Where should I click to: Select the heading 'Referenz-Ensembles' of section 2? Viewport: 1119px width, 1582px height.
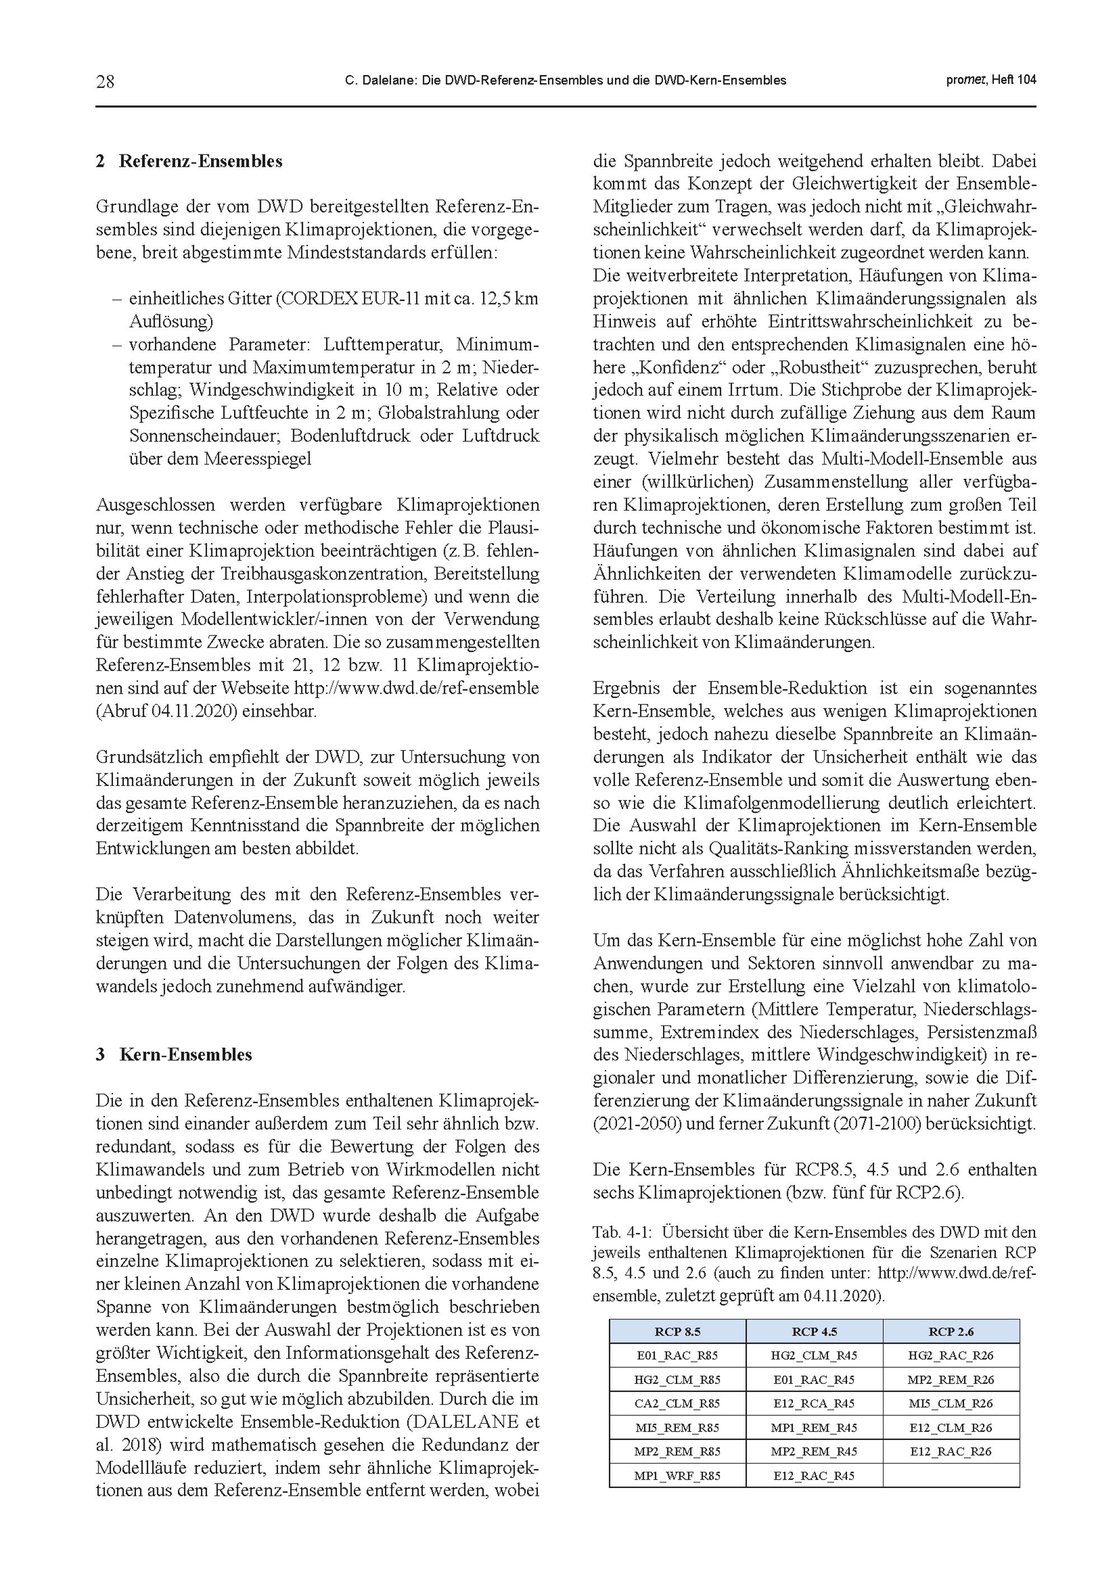tap(200, 161)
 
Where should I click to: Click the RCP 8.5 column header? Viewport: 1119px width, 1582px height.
tap(678, 1331)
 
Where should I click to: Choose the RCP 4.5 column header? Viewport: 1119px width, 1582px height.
tap(814, 1331)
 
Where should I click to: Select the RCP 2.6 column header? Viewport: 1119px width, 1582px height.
tap(951, 1331)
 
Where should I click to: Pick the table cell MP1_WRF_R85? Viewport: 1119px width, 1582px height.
tap(678, 1475)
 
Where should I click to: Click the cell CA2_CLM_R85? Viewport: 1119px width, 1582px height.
tap(678, 1403)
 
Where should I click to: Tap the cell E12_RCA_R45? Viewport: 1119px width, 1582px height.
tap(814, 1403)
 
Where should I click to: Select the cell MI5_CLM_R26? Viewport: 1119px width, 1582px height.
tap(951, 1403)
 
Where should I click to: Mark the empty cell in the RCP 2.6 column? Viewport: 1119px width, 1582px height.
tap(951, 1475)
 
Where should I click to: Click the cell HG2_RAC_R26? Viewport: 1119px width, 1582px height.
tap(951, 1355)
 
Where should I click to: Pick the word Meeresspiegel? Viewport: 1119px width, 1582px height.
tap(258, 459)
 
